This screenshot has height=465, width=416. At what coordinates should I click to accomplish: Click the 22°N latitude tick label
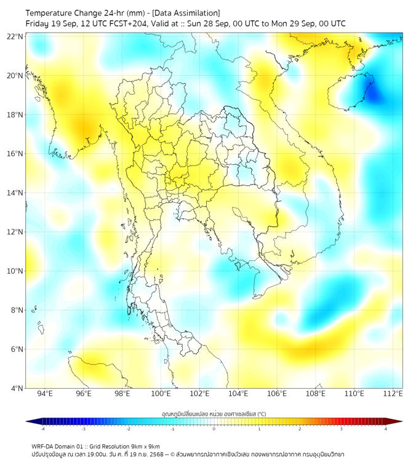(15, 36)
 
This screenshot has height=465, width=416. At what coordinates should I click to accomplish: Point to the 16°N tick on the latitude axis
(15, 153)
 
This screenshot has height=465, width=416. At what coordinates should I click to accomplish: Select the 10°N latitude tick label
(15, 271)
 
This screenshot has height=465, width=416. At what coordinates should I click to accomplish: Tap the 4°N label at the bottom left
(17, 388)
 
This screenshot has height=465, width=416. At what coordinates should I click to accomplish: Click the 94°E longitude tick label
(45, 394)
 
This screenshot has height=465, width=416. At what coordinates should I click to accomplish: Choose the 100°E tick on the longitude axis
(161, 394)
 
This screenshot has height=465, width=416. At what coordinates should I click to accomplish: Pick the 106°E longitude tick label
(277, 394)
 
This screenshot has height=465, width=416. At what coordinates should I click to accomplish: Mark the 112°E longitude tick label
(393, 394)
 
